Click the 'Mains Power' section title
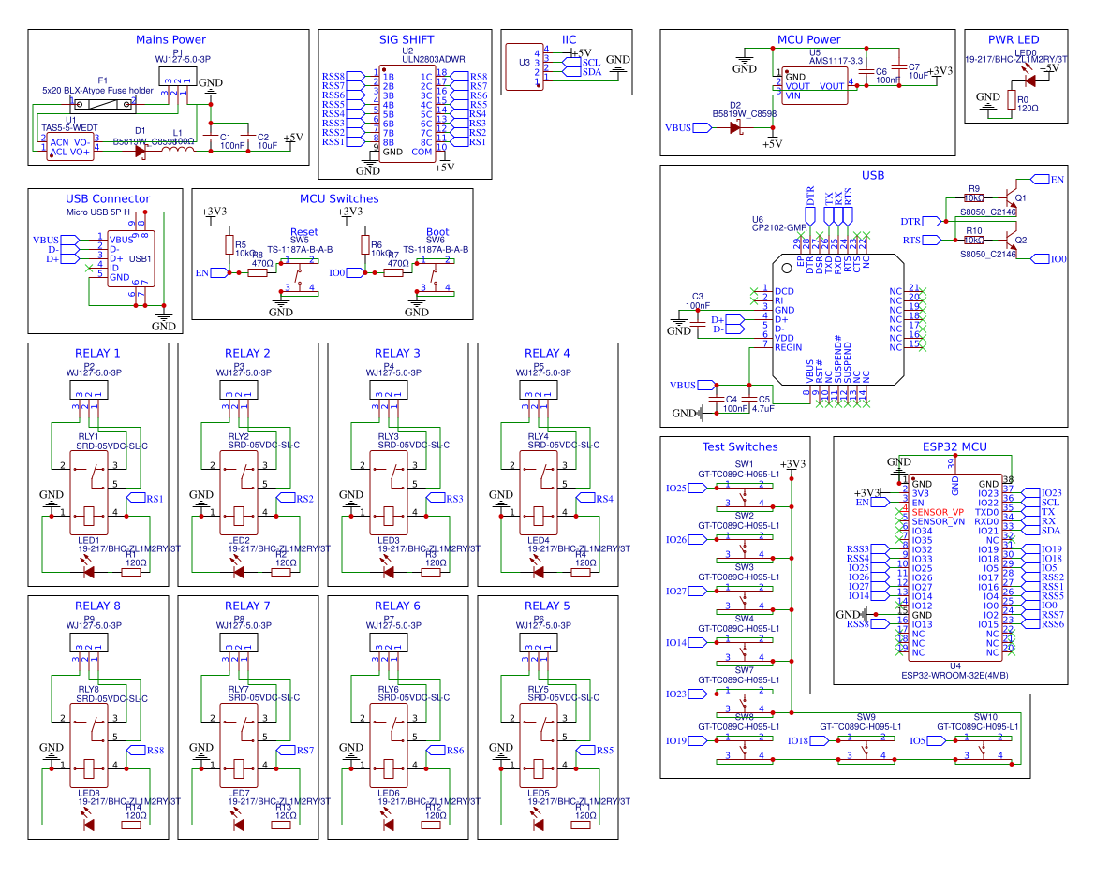click(170, 39)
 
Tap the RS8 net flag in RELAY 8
click(154, 751)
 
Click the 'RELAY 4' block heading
click(547, 353)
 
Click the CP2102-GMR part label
click(779, 227)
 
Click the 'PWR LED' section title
click(1014, 39)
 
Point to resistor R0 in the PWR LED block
click(1010, 99)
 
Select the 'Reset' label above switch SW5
click(303, 232)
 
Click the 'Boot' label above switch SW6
click(437, 232)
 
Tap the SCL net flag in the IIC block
click(589, 62)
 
